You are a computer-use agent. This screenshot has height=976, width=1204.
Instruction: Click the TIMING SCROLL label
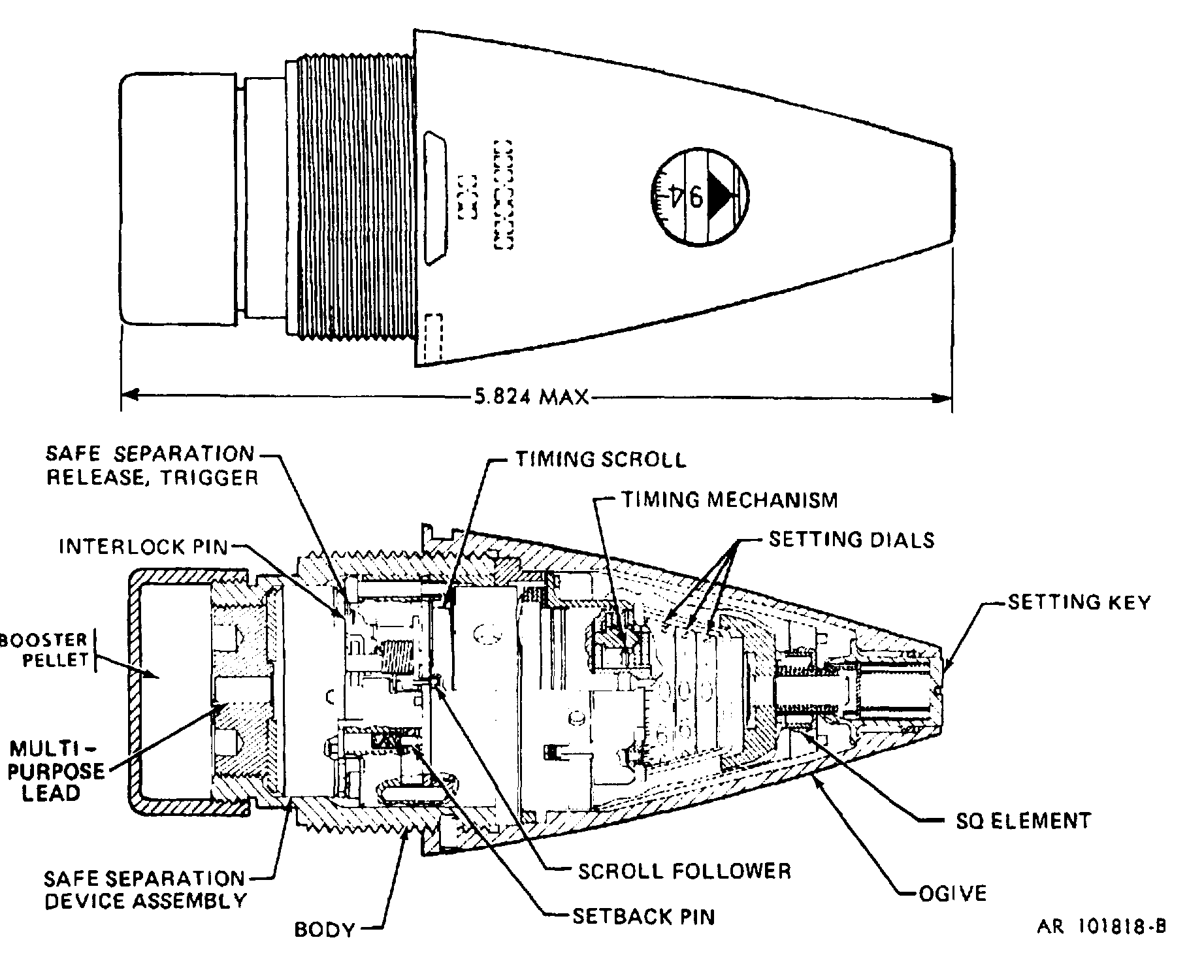[x=600, y=459]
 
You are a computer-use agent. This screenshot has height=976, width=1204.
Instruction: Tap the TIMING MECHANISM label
[x=729, y=500]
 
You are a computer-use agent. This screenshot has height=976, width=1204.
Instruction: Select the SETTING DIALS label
[x=851, y=540]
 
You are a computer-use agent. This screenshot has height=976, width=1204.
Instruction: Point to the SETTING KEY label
[x=1079, y=602]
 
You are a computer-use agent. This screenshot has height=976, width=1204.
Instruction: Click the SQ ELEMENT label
[x=1023, y=821]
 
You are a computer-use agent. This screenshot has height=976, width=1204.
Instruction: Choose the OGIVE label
[x=952, y=892]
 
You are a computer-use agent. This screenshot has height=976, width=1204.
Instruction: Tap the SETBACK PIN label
[x=643, y=917]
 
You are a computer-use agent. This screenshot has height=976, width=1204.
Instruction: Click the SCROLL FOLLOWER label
[x=684, y=871]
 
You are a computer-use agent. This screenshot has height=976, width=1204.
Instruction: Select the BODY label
[x=324, y=929]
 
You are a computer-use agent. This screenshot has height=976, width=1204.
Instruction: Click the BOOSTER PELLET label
[x=44, y=649]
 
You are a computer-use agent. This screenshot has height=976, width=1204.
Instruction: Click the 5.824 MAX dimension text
[x=530, y=397]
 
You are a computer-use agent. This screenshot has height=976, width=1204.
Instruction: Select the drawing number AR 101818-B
[x=1101, y=927]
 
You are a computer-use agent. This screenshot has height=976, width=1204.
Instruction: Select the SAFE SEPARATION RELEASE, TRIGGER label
[x=151, y=464]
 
